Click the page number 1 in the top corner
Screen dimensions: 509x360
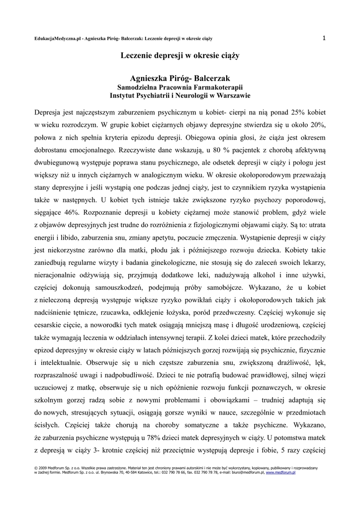(x=324, y=38)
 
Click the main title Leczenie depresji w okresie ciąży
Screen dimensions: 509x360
(x=180, y=56)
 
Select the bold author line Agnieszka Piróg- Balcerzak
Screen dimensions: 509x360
(x=180, y=78)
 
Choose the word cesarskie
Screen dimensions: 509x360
(x=51, y=326)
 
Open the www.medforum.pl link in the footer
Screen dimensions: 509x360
(x=281, y=473)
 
